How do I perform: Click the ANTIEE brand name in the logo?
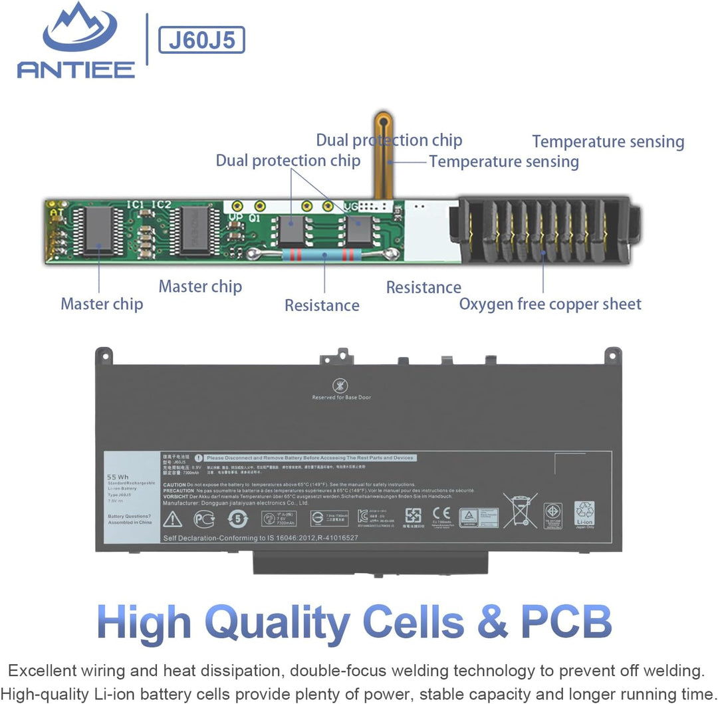(x=76, y=68)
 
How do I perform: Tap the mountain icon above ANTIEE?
(x=79, y=29)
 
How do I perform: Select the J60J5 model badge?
(x=201, y=40)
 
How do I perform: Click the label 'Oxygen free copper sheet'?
(x=550, y=304)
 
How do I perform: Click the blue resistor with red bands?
(x=324, y=254)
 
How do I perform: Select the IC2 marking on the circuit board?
(x=162, y=205)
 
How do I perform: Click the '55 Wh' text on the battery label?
(x=117, y=477)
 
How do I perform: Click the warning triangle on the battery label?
(x=172, y=519)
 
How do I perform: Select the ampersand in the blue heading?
(x=491, y=622)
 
